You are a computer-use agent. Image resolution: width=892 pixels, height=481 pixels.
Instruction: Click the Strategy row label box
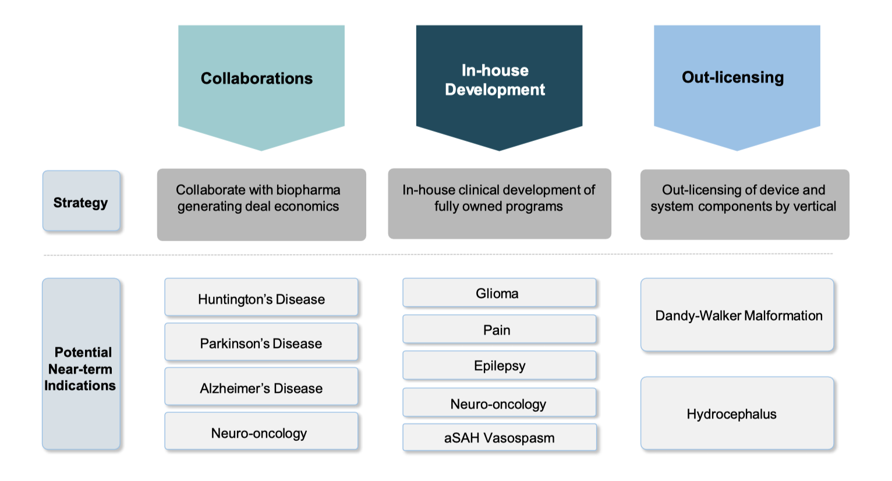[82, 201]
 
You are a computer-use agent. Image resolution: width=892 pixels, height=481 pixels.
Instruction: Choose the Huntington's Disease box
[261, 297]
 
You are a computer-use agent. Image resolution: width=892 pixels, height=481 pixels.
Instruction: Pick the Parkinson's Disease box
[261, 342]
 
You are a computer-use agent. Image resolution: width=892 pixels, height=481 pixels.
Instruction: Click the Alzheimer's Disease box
[261, 387]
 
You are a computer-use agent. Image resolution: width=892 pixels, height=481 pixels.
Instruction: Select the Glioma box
[500, 293]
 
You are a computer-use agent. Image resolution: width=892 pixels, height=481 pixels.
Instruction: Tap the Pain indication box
[500, 329]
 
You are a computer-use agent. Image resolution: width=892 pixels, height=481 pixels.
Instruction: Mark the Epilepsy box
[500, 365]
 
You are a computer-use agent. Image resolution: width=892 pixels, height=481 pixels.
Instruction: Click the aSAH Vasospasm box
[500, 437]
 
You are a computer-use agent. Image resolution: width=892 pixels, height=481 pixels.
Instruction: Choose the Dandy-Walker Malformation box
[737, 314]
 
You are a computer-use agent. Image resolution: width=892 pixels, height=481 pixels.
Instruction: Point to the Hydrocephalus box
[737, 413]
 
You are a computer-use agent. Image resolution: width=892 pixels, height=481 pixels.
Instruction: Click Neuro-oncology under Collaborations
[261, 432]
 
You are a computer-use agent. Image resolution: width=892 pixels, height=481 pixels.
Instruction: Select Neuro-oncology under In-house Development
[500, 402]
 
